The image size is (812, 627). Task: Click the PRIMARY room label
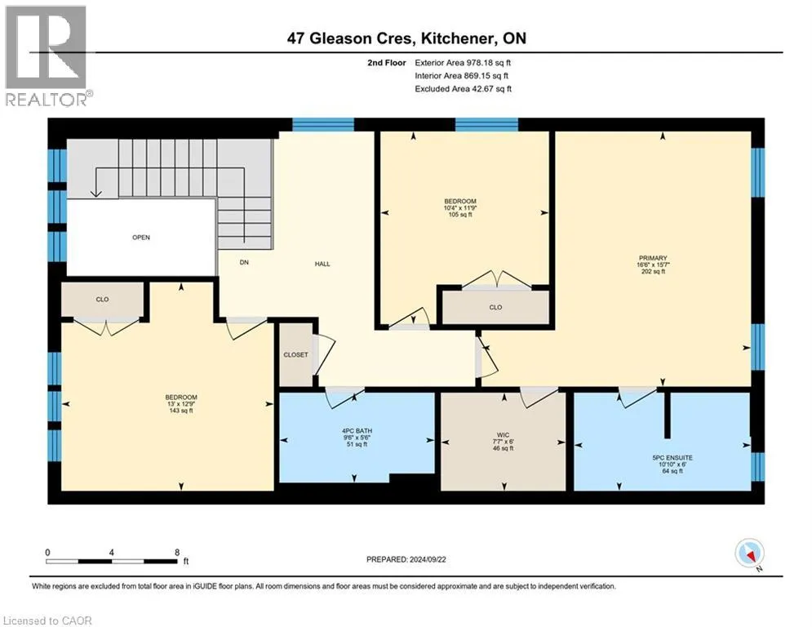653,258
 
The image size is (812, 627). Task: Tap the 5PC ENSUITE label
672,458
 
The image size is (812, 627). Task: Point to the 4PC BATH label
357,431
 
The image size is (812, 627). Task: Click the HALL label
322,264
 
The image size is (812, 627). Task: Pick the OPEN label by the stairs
141,238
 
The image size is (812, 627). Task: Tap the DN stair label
244,263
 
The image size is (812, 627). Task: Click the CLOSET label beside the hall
295,355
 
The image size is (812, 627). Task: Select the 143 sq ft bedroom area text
180,411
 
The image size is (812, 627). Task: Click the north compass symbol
749,554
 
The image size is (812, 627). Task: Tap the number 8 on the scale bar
177,553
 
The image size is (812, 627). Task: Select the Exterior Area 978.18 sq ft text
463,63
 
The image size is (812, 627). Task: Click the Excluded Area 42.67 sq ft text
463,89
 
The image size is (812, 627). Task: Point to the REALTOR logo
47,56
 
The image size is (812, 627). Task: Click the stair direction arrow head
95,193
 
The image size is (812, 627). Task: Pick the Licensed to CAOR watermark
47,620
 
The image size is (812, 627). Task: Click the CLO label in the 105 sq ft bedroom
495,307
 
